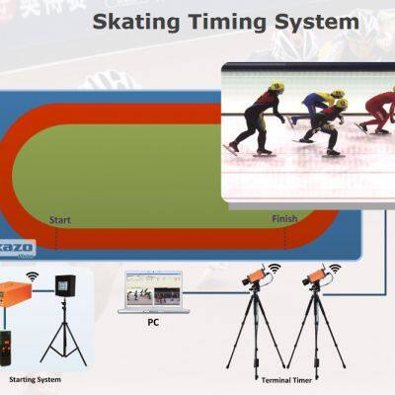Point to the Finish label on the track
point(283,219)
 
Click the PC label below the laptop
point(153,321)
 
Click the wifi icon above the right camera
point(333,267)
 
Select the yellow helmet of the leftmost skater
point(277,88)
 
